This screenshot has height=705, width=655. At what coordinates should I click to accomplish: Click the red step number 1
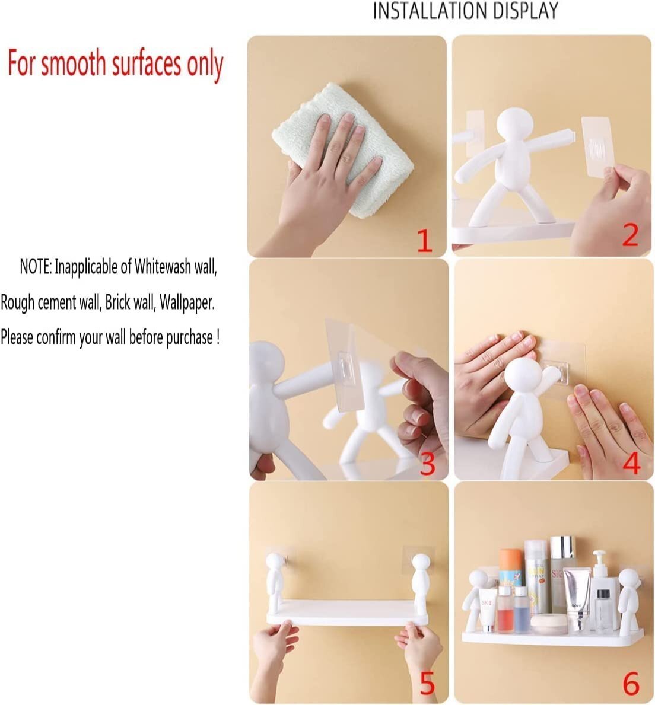424,241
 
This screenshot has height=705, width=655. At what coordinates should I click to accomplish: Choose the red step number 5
427,684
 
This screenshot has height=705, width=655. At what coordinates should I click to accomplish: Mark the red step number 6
631,684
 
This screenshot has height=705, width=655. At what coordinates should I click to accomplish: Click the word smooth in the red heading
74,64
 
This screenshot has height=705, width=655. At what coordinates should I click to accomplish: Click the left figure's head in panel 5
274,562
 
